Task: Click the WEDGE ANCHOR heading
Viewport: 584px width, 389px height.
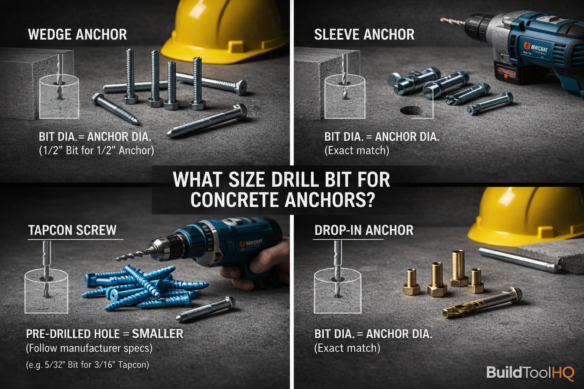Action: (x=78, y=35)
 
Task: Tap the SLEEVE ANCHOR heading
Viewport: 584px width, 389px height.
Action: (x=364, y=35)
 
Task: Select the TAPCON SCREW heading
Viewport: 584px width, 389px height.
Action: (x=72, y=230)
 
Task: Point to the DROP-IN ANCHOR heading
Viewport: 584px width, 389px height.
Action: (x=363, y=230)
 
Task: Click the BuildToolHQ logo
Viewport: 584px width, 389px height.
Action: (x=530, y=373)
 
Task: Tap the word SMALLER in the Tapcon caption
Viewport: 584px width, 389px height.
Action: (x=157, y=334)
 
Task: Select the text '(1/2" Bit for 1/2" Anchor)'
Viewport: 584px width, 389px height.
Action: (x=97, y=150)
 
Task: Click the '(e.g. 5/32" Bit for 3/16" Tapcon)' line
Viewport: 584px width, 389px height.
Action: (x=87, y=365)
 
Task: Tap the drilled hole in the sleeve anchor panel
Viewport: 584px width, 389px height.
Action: (x=411, y=110)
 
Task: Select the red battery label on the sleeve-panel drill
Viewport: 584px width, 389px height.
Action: (x=506, y=72)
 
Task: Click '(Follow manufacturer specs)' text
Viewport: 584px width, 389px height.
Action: (x=89, y=348)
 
